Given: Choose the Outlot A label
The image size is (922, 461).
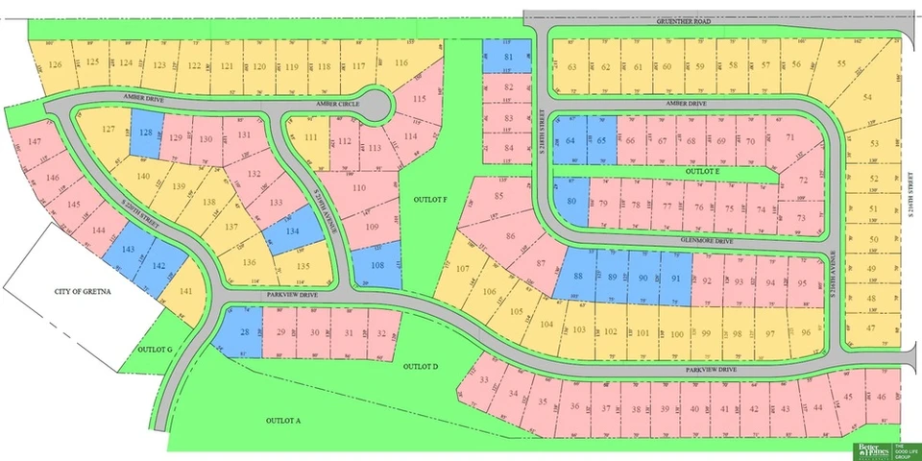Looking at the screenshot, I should point(283,421).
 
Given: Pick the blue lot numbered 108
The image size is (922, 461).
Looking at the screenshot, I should point(376,265).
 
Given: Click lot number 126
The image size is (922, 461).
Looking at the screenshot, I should point(56,64).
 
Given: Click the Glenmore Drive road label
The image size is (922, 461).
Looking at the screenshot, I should point(709,242).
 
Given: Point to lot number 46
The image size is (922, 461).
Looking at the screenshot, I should point(882,396).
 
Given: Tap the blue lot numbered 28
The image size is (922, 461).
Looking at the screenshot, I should point(245,332).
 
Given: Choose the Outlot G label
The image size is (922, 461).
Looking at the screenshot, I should point(154,349).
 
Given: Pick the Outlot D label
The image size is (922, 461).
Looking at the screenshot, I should point(421,367).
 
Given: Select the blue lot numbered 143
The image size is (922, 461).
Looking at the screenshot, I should point(129,248).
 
